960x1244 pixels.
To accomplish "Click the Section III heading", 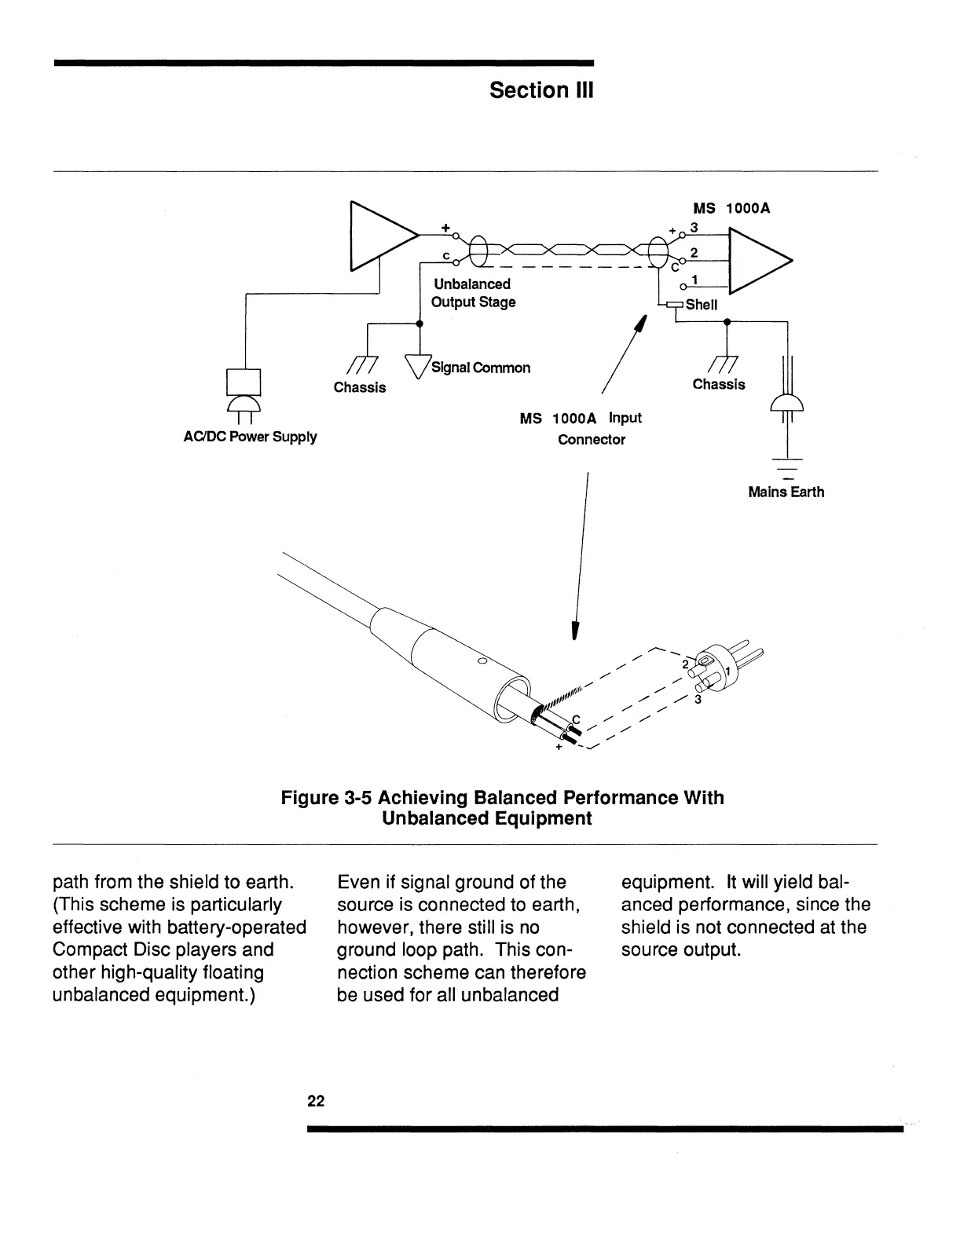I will pos(541,90).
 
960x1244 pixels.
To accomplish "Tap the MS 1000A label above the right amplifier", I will pos(731,209).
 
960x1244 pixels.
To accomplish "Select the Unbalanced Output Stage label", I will pos(472,293).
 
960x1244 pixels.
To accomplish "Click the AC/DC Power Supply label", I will pos(250,437).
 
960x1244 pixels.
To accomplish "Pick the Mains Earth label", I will pos(786,492).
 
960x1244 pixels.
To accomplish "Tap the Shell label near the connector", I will pos(702,306).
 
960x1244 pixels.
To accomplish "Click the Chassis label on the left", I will pos(360,387).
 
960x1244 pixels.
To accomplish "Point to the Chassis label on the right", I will pos(719,384).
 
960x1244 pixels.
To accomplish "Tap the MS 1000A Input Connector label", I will pos(581,429).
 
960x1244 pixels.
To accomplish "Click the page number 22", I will pos(316,1101).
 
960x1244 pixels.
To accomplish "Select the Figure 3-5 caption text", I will pos(502,808).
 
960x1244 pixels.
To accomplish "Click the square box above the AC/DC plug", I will pos(243,382).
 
